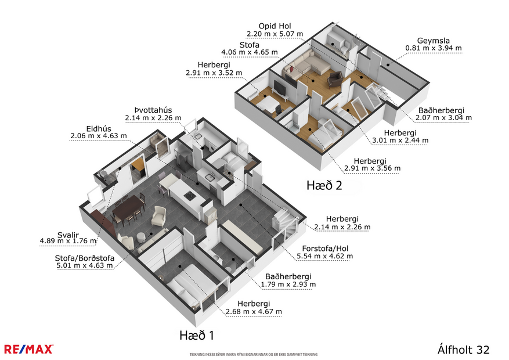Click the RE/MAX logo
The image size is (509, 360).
[x=29, y=348]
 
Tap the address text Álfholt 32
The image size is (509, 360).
[x=463, y=350]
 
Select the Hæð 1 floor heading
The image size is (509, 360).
[x=197, y=335]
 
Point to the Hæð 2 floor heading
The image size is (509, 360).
[x=324, y=185]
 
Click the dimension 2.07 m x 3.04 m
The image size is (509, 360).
[x=443, y=117]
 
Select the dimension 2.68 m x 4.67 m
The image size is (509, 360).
[x=254, y=312]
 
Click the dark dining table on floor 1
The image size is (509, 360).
[x=128, y=207]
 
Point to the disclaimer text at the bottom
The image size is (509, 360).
[x=253, y=354]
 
